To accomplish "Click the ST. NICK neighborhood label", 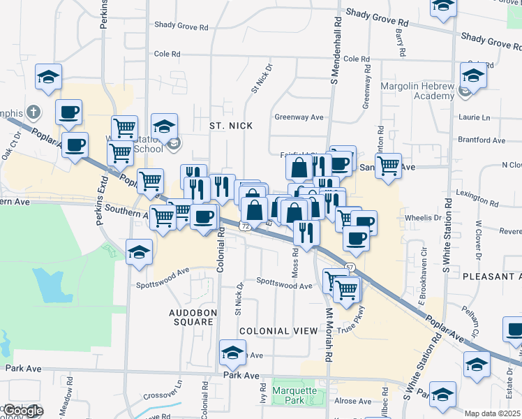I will coord(231,126).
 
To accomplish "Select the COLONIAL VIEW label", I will coord(273,330).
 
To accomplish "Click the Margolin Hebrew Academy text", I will coord(417,91).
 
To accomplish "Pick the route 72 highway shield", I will coord(244,226).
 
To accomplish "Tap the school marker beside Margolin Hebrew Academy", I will coord(472,75).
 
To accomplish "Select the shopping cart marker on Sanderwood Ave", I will coord(388,166).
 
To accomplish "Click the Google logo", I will coord(22,411).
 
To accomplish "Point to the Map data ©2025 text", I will coord(493,413).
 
